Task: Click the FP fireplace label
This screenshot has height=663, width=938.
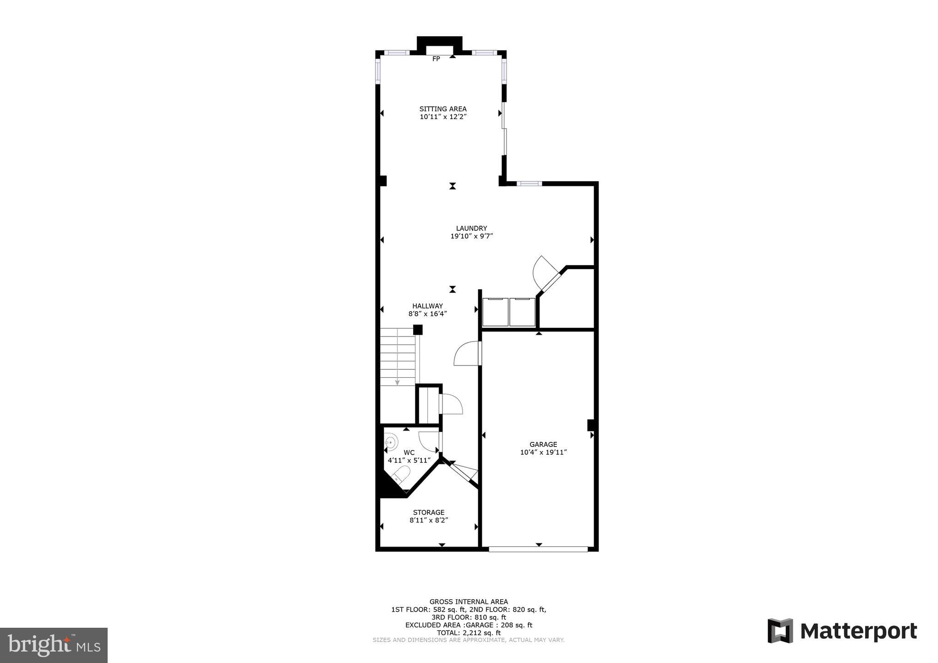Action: tap(436, 59)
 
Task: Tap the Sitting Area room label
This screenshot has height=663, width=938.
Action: tap(443, 109)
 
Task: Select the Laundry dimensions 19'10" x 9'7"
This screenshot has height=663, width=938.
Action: tap(471, 236)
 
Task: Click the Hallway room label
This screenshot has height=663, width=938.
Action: tap(427, 306)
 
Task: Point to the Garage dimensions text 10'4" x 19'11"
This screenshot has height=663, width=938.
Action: tap(543, 452)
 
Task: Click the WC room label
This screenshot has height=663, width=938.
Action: tap(409, 452)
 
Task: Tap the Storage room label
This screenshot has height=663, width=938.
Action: tap(429, 512)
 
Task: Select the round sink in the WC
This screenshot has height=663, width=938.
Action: tap(390, 442)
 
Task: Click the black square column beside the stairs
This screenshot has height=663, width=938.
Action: tap(418, 330)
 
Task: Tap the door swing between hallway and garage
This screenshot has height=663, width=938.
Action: tap(466, 354)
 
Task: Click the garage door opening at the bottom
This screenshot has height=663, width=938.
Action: tap(538, 549)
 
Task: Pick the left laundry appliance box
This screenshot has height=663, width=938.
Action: tap(495, 312)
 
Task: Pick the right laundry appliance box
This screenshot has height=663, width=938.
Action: tap(522, 312)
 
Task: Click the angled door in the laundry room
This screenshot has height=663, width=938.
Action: tap(546, 273)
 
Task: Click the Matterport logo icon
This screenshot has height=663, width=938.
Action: tap(780, 631)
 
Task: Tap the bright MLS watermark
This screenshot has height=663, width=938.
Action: tap(54, 645)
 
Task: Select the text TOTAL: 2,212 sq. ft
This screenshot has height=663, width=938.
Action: tap(469, 633)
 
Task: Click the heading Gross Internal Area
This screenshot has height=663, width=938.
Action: tap(469, 602)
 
